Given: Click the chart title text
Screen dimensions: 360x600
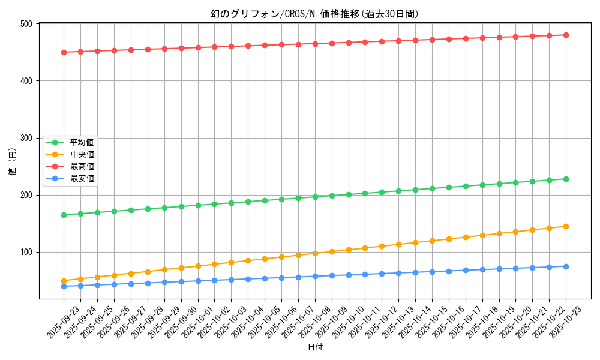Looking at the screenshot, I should click(x=314, y=14).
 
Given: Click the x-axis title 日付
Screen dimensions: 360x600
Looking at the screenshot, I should click(x=315, y=347).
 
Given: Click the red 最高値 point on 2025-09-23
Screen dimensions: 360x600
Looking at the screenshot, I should click(x=64, y=52).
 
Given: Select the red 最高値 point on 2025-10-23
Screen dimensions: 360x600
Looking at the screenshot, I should click(x=566, y=35).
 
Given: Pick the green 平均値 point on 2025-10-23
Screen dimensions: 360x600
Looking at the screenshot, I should click(x=566, y=179).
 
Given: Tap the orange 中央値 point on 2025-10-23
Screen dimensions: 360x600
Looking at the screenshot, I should click(x=566, y=226).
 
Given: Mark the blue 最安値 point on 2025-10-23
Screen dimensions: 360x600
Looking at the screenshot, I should click(x=566, y=266).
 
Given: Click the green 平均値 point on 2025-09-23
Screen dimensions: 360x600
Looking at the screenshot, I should click(x=64, y=215).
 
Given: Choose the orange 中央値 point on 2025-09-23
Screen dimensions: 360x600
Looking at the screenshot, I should click(x=64, y=281).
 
